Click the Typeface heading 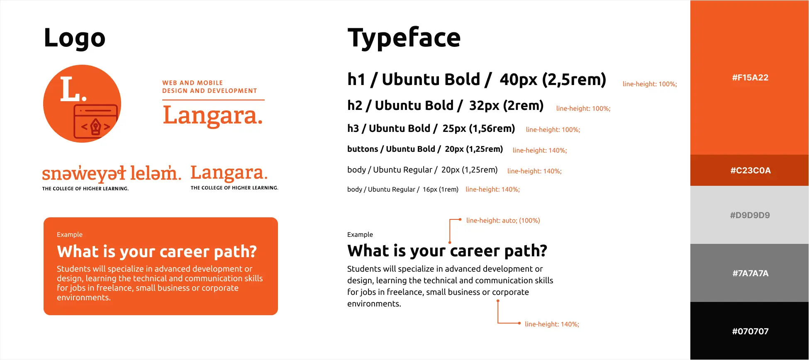pos(404,38)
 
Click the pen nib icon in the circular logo pos(96,126)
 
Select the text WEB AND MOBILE pos(193,83)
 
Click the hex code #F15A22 pos(750,78)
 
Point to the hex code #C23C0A pos(751,170)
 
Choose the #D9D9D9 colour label pos(750,215)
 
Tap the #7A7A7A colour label pos(751,273)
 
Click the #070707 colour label pos(751,331)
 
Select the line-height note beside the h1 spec pos(650,84)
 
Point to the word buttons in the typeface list pos(363,149)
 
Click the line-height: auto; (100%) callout pos(503,221)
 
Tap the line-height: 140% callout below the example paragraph pos(552,324)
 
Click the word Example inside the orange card pos(70,235)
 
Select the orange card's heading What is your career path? pos(157,252)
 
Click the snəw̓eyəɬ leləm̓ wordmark pos(112,173)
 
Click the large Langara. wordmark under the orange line pos(213,116)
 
